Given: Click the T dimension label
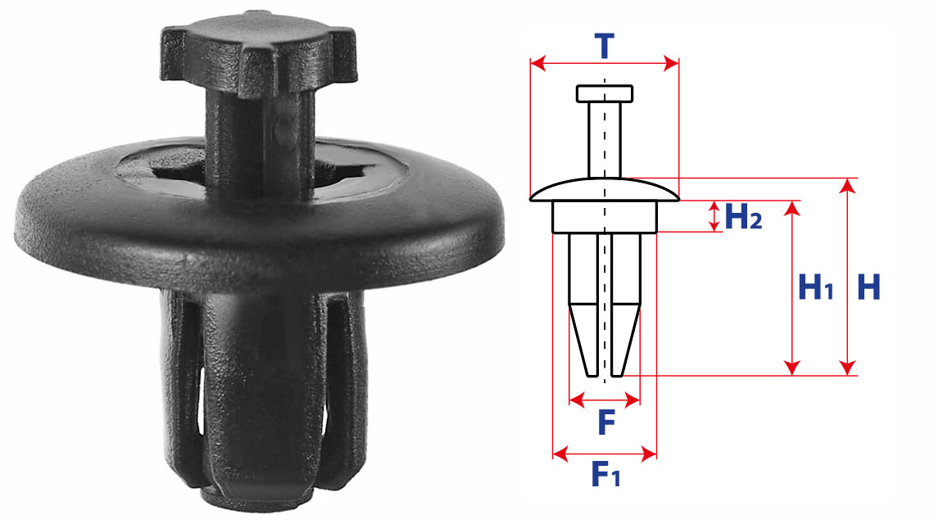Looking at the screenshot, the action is tap(604, 46).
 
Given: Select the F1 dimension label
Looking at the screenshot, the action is tap(605, 474).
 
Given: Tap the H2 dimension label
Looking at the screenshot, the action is tap(743, 216).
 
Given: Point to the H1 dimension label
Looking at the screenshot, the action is tap(815, 287).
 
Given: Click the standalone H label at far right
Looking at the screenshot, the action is tap(868, 287).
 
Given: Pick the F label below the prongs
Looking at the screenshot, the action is tap(606, 422).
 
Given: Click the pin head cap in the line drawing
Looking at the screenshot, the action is tap(605, 93).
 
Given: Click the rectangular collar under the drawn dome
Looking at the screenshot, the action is tap(605, 217).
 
